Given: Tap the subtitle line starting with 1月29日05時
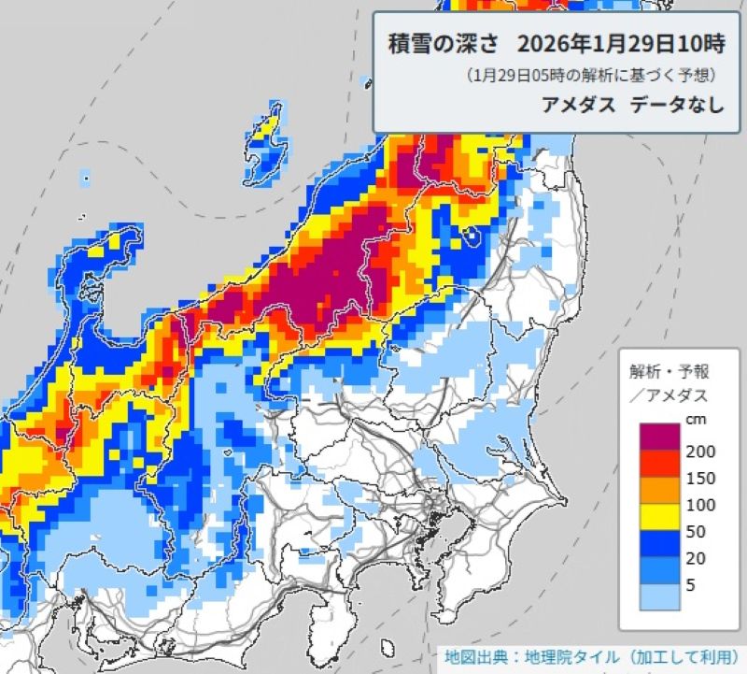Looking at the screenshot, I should click(x=593, y=75).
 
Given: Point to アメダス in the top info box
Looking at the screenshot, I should click(x=578, y=105).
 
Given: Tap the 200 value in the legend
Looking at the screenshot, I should click(x=699, y=452).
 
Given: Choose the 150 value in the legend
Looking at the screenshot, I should click(x=699, y=479).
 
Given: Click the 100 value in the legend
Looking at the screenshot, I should click(x=699, y=506).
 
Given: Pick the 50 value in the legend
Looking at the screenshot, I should click(x=696, y=533).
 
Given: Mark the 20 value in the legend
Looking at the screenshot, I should click(x=696, y=560).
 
